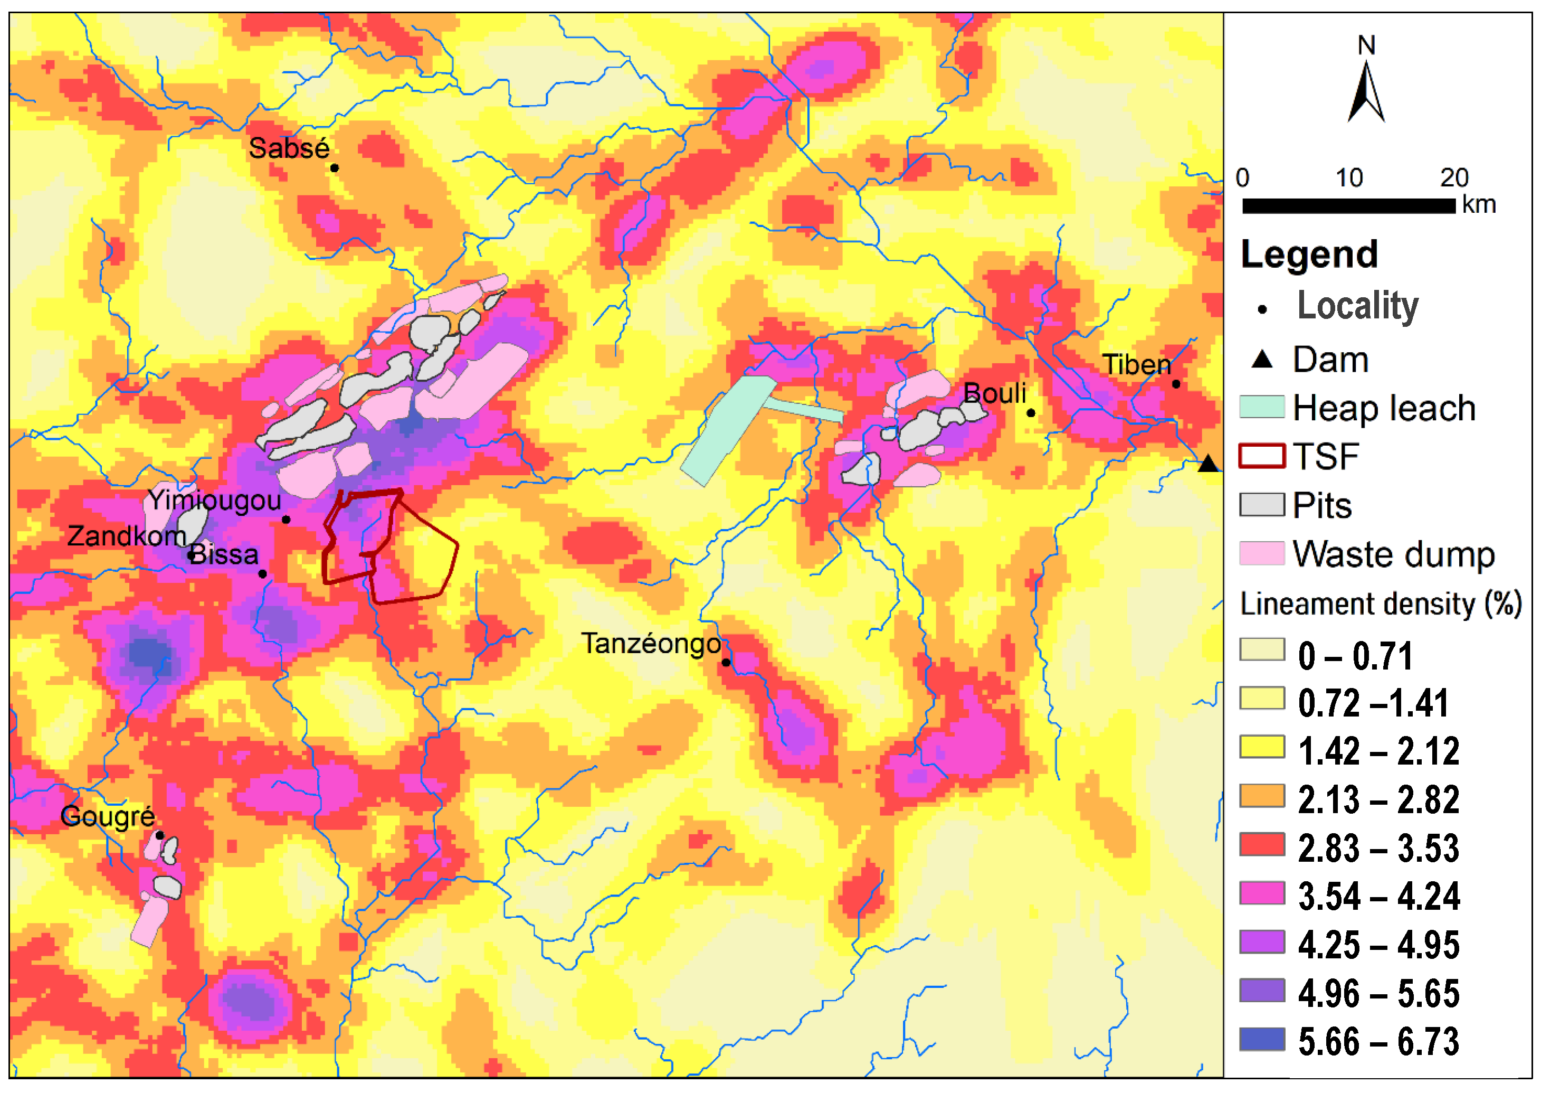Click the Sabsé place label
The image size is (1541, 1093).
pyautogui.click(x=289, y=148)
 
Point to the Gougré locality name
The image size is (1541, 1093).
pyautogui.click(x=108, y=816)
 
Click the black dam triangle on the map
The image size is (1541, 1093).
pyautogui.click(x=1207, y=464)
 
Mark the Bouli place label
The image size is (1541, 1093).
pyautogui.click(x=994, y=393)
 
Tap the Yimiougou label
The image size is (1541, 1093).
pyautogui.click(x=214, y=500)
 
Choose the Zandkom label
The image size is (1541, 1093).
pyautogui.click(x=127, y=536)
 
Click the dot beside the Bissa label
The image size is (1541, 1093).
pyautogui.click(x=262, y=574)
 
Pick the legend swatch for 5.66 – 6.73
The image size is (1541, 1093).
pyautogui.click(x=1261, y=1040)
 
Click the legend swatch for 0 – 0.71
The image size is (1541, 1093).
pyautogui.click(x=1261, y=649)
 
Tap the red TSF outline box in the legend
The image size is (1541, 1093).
pyautogui.click(x=1261, y=456)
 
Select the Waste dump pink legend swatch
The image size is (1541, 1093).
pyautogui.click(x=1261, y=553)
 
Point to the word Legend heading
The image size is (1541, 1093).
pyautogui.click(x=1308, y=255)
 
